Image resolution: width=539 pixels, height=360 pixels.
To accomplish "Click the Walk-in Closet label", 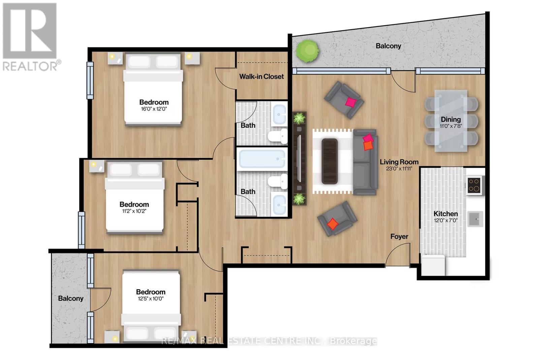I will coord(261,76).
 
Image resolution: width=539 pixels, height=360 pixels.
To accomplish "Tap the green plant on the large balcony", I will coord(307,51).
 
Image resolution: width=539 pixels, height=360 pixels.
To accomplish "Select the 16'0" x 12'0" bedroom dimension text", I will coord(154,109).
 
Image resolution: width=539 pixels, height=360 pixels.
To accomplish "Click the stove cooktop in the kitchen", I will coord(474,185).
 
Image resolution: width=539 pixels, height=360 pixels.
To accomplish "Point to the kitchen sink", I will coord(475,219).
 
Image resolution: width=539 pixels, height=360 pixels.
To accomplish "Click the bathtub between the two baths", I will coord(262,159).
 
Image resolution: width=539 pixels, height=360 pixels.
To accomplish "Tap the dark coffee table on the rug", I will coord(329,161).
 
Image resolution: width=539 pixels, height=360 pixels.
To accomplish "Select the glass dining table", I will coord(451,120).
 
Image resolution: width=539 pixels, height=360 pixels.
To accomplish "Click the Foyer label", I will coord(399,236).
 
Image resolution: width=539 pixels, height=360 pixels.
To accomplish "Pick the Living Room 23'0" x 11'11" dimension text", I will coord(399,169).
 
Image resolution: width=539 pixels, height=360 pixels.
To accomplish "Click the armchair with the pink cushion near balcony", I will coord(344,100).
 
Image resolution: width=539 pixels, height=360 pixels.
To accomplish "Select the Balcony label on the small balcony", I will coord(70,298).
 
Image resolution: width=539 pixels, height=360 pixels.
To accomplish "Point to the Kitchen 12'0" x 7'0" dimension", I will coord(445,221).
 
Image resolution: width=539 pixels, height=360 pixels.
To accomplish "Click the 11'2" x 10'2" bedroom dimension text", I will coord(134,211).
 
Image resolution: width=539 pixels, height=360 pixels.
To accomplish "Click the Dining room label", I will coord(451,119).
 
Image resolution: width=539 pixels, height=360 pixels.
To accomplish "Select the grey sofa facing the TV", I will coord(365,162).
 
